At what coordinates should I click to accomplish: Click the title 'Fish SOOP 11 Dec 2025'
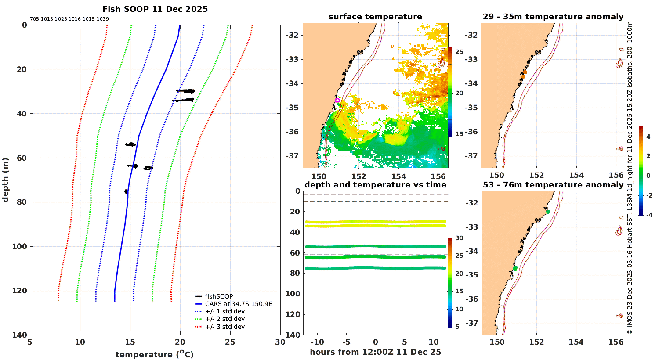click(155, 9)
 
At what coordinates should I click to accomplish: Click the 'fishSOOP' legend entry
click(219, 296)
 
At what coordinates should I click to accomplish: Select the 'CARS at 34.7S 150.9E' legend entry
click(239, 304)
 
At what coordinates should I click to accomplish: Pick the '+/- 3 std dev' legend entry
click(225, 327)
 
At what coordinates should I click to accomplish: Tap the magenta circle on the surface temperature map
click(337, 100)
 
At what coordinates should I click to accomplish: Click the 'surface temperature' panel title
click(375, 17)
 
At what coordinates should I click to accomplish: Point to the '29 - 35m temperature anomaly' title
click(553, 17)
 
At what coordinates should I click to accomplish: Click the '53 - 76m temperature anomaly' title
click(553, 185)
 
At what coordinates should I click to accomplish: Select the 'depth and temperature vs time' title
click(375, 185)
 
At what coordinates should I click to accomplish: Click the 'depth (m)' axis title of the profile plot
click(6, 180)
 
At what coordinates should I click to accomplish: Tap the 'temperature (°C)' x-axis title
click(155, 354)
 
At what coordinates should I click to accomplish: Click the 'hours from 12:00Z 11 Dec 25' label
click(375, 352)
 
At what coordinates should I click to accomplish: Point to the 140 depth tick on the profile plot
click(21, 335)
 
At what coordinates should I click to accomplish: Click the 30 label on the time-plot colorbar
click(459, 238)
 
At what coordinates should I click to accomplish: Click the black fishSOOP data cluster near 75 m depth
click(126, 191)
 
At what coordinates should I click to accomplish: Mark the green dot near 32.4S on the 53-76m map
click(548, 212)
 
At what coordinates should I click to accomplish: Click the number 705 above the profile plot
click(34, 19)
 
